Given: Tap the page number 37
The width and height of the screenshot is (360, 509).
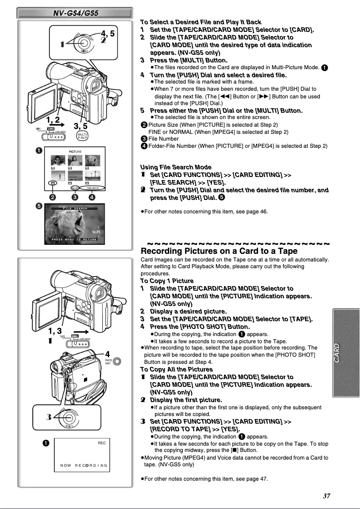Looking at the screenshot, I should click(x=326, y=496).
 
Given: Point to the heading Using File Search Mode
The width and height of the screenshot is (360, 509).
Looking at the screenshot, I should click(x=175, y=167).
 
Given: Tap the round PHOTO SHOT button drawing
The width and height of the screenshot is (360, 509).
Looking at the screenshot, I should click(x=117, y=361).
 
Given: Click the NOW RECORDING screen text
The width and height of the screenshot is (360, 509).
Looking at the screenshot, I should click(x=84, y=465).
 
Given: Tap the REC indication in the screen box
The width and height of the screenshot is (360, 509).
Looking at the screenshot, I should click(x=101, y=443).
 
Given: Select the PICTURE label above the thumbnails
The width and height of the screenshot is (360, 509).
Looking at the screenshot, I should click(x=75, y=153).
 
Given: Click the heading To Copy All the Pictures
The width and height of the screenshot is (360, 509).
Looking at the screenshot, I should click(x=175, y=369).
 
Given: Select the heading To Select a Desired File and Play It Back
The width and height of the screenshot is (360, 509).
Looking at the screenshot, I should click(x=201, y=22).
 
